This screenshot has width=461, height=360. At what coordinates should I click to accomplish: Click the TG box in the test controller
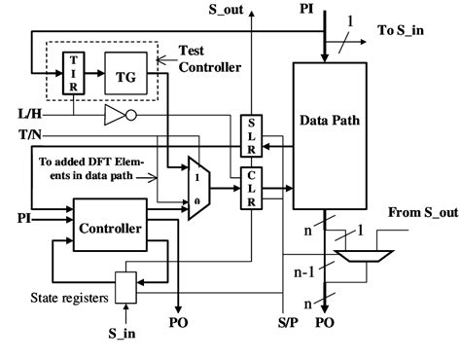click(x=125, y=75)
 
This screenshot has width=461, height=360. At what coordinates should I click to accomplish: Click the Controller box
click(x=110, y=230)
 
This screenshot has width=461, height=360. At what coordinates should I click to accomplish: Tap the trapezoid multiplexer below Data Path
click(x=363, y=256)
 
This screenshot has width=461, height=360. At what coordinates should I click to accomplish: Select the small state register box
click(x=124, y=286)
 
